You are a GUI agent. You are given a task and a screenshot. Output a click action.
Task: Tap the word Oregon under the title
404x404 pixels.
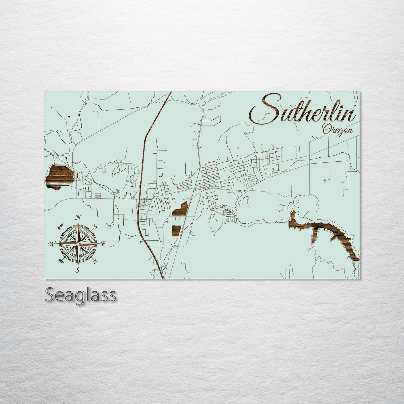click(337, 130)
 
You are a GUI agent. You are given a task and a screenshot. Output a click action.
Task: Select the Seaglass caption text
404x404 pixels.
click(80, 295)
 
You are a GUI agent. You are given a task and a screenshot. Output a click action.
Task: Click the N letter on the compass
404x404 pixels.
click(79, 217)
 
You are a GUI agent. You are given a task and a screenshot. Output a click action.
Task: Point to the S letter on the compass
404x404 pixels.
click(78, 270)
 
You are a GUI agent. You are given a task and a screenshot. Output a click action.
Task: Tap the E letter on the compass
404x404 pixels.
click(103, 244)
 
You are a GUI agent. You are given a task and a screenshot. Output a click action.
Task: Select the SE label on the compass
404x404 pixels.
click(96, 261)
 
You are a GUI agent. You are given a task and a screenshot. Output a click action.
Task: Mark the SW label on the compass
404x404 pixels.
click(60, 261)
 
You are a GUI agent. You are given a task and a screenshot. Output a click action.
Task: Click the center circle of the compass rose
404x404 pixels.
click(78, 244)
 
